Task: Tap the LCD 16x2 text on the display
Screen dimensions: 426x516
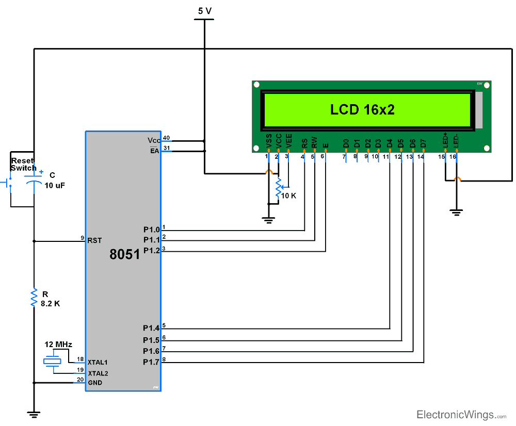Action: tap(362, 109)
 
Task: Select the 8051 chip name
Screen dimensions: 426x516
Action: tap(125, 254)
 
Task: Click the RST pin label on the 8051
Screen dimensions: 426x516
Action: tap(95, 240)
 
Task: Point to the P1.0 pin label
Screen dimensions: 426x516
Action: tap(152, 229)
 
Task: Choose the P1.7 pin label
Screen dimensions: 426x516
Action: tap(152, 362)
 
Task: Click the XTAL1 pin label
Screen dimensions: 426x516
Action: tap(98, 362)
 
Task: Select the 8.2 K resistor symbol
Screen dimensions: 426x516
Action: tap(34, 298)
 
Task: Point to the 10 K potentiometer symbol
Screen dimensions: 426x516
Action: tap(279, 188)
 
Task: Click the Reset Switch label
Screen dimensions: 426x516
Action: tap(23, 165)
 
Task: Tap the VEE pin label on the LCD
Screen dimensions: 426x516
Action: tap(289, 141)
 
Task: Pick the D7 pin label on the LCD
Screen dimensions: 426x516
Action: tap(423, 143)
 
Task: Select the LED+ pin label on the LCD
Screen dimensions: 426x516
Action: tap(445, 141)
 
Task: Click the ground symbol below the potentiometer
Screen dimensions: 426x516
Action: tap(268, 220)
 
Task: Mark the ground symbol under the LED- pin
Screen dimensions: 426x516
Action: tap(456, 212)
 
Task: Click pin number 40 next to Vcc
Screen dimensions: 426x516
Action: tap(166, 138)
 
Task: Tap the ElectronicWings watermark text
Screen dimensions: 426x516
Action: tap(454, 415)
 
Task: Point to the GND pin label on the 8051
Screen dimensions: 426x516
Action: tap(95, 383)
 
